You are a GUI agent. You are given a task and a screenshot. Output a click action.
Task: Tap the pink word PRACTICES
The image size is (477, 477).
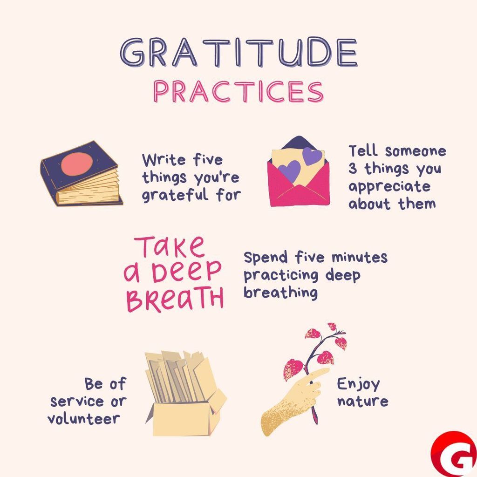tap(238, 92)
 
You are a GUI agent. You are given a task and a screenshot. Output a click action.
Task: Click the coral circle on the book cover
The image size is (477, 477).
tap(77, 164)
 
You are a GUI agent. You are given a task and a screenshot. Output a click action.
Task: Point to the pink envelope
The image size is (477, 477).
tap(298, 186)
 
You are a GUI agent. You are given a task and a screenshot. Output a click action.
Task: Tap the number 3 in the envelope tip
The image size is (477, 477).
tap(353, 169)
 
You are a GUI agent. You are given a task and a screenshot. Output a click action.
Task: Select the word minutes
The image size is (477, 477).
tap(359, 257)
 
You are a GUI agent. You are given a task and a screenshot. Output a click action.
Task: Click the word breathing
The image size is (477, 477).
tap(280, 293)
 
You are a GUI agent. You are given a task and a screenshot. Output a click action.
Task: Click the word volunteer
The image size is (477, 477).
tap(84, 418)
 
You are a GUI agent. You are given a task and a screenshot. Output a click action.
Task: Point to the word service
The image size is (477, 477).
tap(77, 401)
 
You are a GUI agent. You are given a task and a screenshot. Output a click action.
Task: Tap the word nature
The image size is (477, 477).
tap(362, 401)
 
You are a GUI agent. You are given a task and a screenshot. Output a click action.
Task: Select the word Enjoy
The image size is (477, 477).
tap(358, 384)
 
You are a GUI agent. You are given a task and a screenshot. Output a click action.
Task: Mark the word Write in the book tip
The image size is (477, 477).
tap(163, 160)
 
